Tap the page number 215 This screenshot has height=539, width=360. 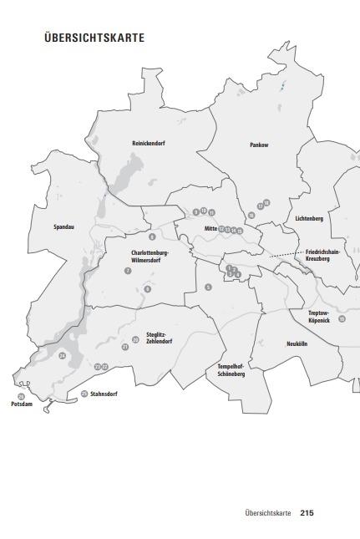point(307,513)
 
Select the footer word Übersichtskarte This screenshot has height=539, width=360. point(268,513)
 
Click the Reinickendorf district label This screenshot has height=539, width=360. point(149,144)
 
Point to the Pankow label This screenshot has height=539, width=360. point(259,145)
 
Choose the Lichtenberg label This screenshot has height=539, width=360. point(309,219)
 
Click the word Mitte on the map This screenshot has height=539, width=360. point(210,228)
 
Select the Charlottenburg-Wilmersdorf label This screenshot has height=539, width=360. point(150,256)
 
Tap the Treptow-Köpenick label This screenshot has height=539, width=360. point(319,317)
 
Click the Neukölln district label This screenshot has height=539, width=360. point(298,343)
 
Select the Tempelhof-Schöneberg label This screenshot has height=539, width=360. point(231,371)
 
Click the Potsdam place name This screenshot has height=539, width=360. point(21,404)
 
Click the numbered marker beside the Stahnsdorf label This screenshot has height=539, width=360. point(84,394)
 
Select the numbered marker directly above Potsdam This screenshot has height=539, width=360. point(22,396)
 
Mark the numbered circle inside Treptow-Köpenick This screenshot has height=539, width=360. point(342,319)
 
